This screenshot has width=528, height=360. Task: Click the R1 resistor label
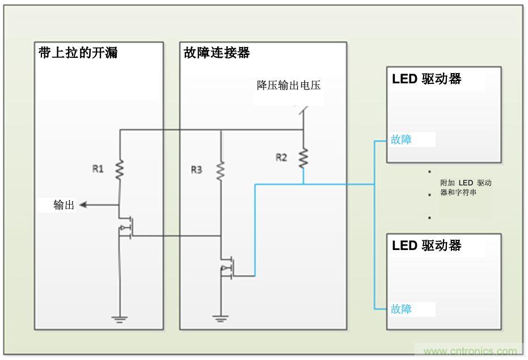[98, 168]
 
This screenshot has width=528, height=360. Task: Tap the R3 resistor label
[196, 169]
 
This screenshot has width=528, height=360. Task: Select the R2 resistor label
[281, 157]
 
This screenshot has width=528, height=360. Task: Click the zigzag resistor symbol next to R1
[120, 170]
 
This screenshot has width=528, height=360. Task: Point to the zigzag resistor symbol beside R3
[220, 170]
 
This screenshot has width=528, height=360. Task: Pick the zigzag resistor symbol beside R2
[303, 158]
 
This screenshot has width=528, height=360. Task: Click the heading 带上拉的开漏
[78, 53]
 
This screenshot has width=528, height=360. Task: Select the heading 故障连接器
[217, 53]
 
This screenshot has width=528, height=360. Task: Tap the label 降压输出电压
[289, 86]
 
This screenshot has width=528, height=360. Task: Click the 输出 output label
[64, 205]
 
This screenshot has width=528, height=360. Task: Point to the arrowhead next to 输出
[83, 205]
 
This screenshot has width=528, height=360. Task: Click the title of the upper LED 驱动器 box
[426, 79]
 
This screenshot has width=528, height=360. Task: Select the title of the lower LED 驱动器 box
[426, 245]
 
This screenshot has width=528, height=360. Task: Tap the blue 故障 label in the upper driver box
[401, 139]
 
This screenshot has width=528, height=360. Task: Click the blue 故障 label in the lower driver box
[401, 309]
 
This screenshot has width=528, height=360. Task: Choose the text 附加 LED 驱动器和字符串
[465, 188]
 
